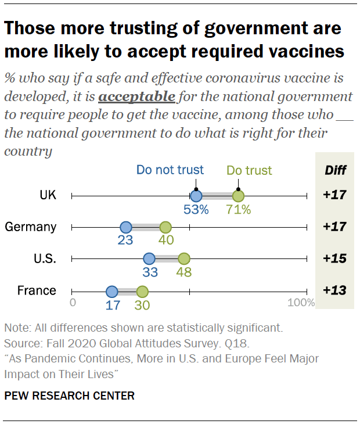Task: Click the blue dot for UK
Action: tap(196, 196)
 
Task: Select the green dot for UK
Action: tap(238, 196)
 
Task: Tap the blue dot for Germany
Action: tap(125, 227)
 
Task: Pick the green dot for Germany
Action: tap(165, 227)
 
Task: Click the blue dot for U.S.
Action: tap(149, 258)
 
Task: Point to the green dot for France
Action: tap(142, 290)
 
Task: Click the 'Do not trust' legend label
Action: tap(170, 170)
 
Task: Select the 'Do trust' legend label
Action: tap(249, 171)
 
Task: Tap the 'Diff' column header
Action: tap(334, 171)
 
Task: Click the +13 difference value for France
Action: tap(334, 290)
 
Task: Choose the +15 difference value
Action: tap(334, 258)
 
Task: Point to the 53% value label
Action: tap(196, 210)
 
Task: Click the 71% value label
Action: tap(239, 210)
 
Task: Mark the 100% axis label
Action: tap(301, 303)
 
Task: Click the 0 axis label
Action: tap(73, 303)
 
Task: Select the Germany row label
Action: tap(30, 227)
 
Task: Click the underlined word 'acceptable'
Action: tap(136, 96)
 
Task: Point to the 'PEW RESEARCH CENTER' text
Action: tap(69, 396)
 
